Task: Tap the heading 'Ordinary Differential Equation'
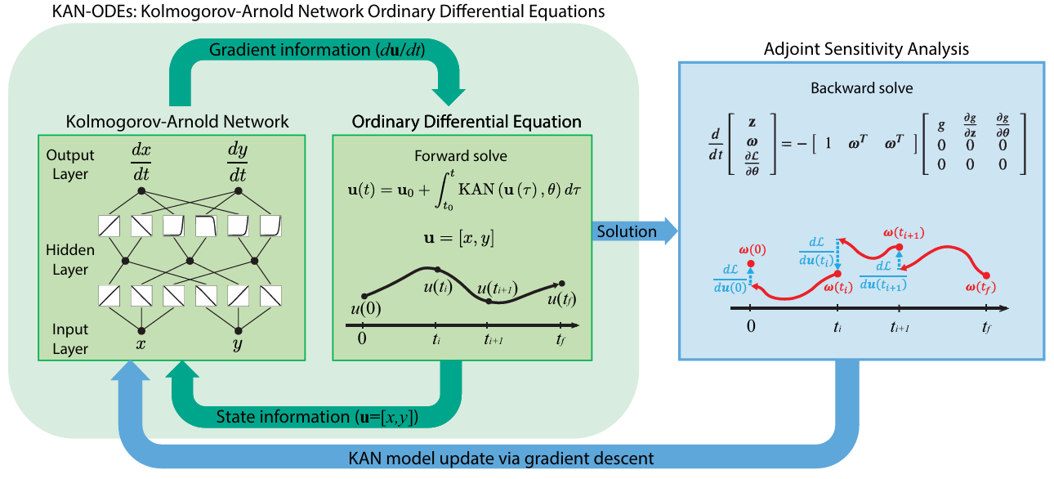(467, 122)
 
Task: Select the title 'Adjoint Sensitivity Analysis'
(865, 49)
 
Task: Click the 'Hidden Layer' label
(70, 259)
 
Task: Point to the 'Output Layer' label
(70, 163)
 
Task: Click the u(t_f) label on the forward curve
(562, 299)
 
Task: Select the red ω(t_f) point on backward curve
(986, 275)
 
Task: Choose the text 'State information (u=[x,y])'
(317, 418)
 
